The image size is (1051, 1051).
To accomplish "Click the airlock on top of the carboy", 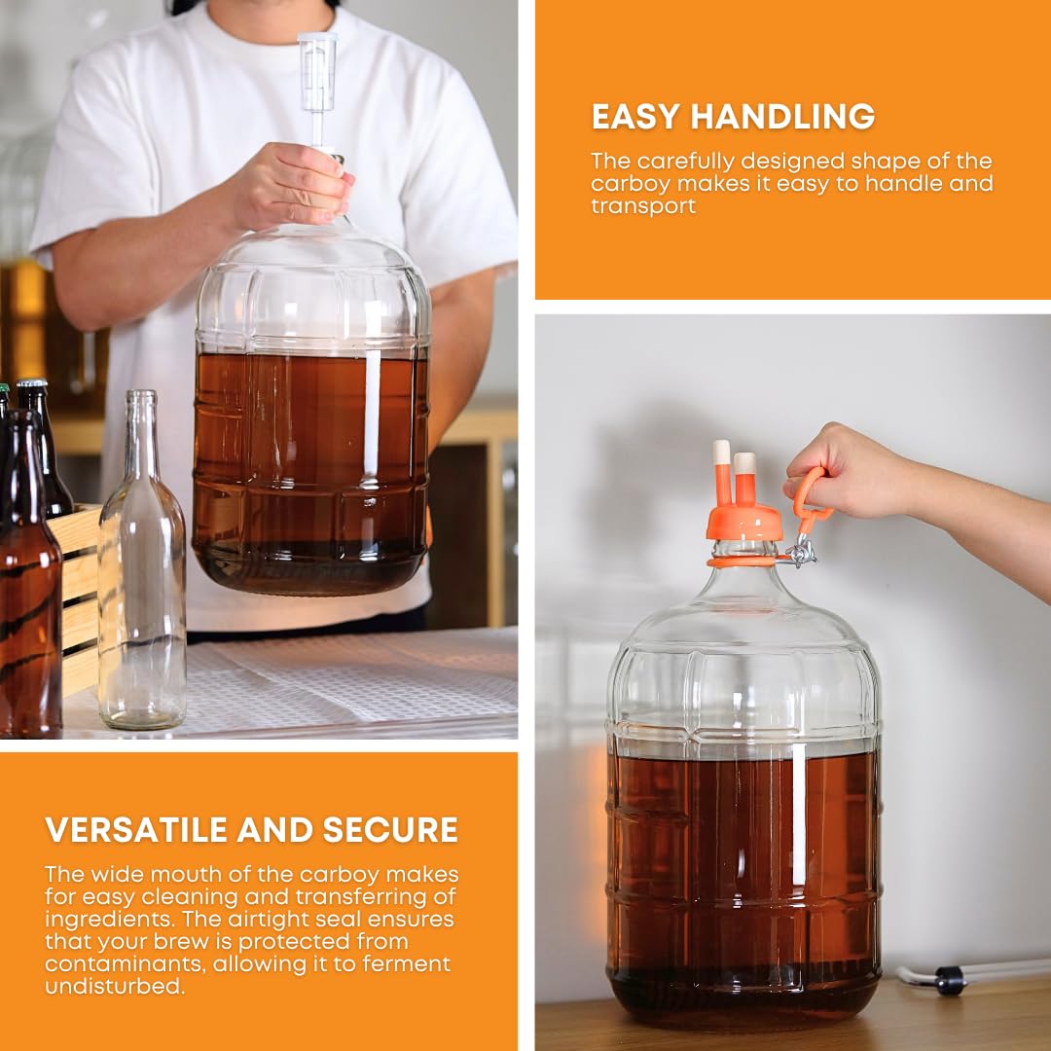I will coord(317,73).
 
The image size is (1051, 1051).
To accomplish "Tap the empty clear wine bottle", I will coord(142,584).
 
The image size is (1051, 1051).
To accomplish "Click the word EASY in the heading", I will coord(635,117).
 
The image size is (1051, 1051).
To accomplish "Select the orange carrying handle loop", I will coord(810,496).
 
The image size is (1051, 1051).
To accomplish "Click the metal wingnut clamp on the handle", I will coord(801,553).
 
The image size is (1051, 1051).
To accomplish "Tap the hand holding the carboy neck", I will coord(292,180).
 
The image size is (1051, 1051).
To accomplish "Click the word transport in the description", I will coord(643,206).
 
